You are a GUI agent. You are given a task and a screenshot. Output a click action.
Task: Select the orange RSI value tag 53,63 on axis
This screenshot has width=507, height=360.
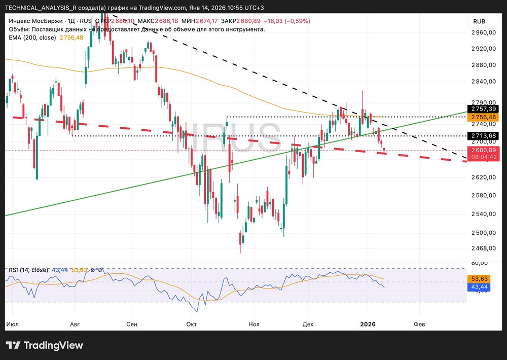coord(483,279)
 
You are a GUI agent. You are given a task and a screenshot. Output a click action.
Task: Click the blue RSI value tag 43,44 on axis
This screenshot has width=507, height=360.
coord(483,287)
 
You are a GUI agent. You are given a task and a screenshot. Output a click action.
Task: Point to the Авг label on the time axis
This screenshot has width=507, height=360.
coord(75,323)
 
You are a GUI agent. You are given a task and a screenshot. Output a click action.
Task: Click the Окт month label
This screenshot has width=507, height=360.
coord(191,323)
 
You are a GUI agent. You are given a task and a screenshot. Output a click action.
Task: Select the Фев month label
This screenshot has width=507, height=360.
coord(419,323)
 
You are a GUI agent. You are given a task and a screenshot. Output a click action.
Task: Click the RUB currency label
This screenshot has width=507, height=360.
coord(479,21)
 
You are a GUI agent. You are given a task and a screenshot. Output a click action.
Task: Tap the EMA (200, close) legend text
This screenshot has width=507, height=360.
coord(32,38)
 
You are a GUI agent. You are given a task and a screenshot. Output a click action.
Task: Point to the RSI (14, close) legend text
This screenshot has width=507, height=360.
coord(28,270)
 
